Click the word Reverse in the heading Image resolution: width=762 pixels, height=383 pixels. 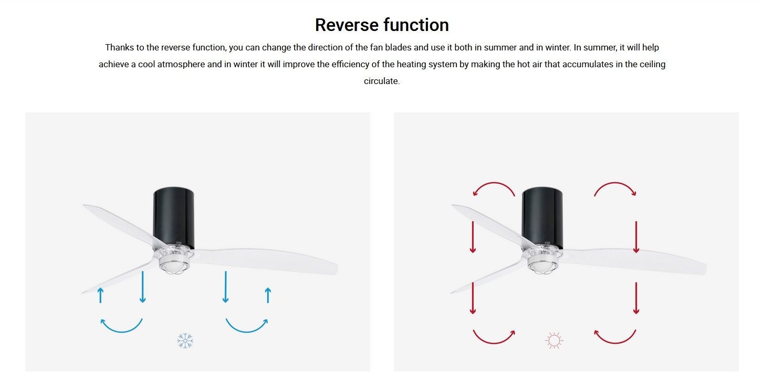(346, 25)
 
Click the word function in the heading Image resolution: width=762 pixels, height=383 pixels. (416, 25)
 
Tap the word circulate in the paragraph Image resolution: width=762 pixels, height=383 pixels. (381, 81)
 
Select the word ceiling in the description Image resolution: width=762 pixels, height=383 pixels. (652, 65)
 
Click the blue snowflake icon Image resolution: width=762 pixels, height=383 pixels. (185, 340)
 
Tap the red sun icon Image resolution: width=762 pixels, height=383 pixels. (554, 340)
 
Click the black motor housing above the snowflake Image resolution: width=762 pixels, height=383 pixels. (174, 218)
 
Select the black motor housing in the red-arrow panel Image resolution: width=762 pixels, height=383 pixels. (542, 218)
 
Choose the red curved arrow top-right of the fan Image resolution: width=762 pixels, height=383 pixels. (615, 183)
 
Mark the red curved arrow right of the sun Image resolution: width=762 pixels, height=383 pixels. (615, 342)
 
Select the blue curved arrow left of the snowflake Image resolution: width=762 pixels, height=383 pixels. (121, 331)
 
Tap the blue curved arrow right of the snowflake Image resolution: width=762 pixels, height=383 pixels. (247, 331)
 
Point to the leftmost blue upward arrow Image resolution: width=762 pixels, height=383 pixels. (100, 295)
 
